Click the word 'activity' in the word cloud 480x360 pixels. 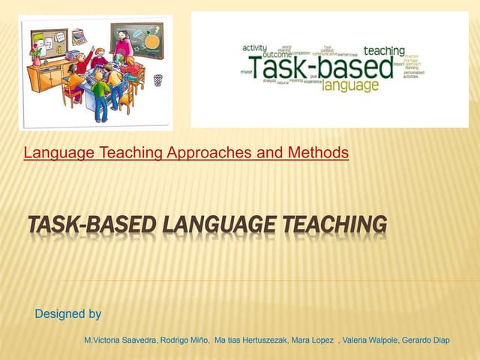coord(255,47)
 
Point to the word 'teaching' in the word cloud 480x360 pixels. coord(384,51)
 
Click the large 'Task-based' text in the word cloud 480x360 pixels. coord(306,68)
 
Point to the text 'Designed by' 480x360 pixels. coord(67,313)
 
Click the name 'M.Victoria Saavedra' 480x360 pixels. coord(120,340)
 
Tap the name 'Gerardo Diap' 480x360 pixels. coord(427,340)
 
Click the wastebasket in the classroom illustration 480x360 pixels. coord(157,79)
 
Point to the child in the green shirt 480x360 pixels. coord(100,94)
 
